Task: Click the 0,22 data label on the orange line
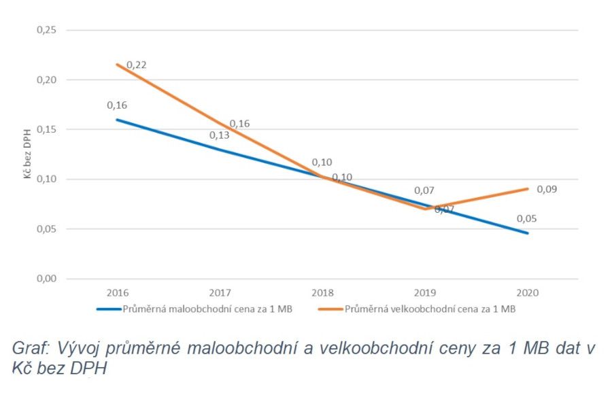pyautogui.click(x=136, y=65)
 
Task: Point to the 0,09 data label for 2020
pyautogui.click(x=546, y=189)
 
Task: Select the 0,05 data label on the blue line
pyautogui.click(x=526, y=219)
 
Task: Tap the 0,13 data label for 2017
pyautogui.click(x=219, y=135)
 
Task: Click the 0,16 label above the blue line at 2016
pyautogui.click(x=117, y=105)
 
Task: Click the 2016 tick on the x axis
pyautogui.click(x=117, y=292)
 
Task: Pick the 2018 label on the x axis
pyautogui.click(x=322, y=292)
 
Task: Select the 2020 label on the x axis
pyautogui.click(x=527, y=292)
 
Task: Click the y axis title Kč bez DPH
pyautogui.click(x=28, y=154)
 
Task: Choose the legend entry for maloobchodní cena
pyautogui.click(x=197, y=309)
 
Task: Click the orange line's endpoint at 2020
pyautogui.click(x=527, y=189)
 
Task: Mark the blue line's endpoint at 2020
pyautogui.click(x=527, y=233)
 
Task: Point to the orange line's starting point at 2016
pyautogui.click(x=117, y=65)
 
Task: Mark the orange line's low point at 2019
pyautogui.click(x=425, y=209)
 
